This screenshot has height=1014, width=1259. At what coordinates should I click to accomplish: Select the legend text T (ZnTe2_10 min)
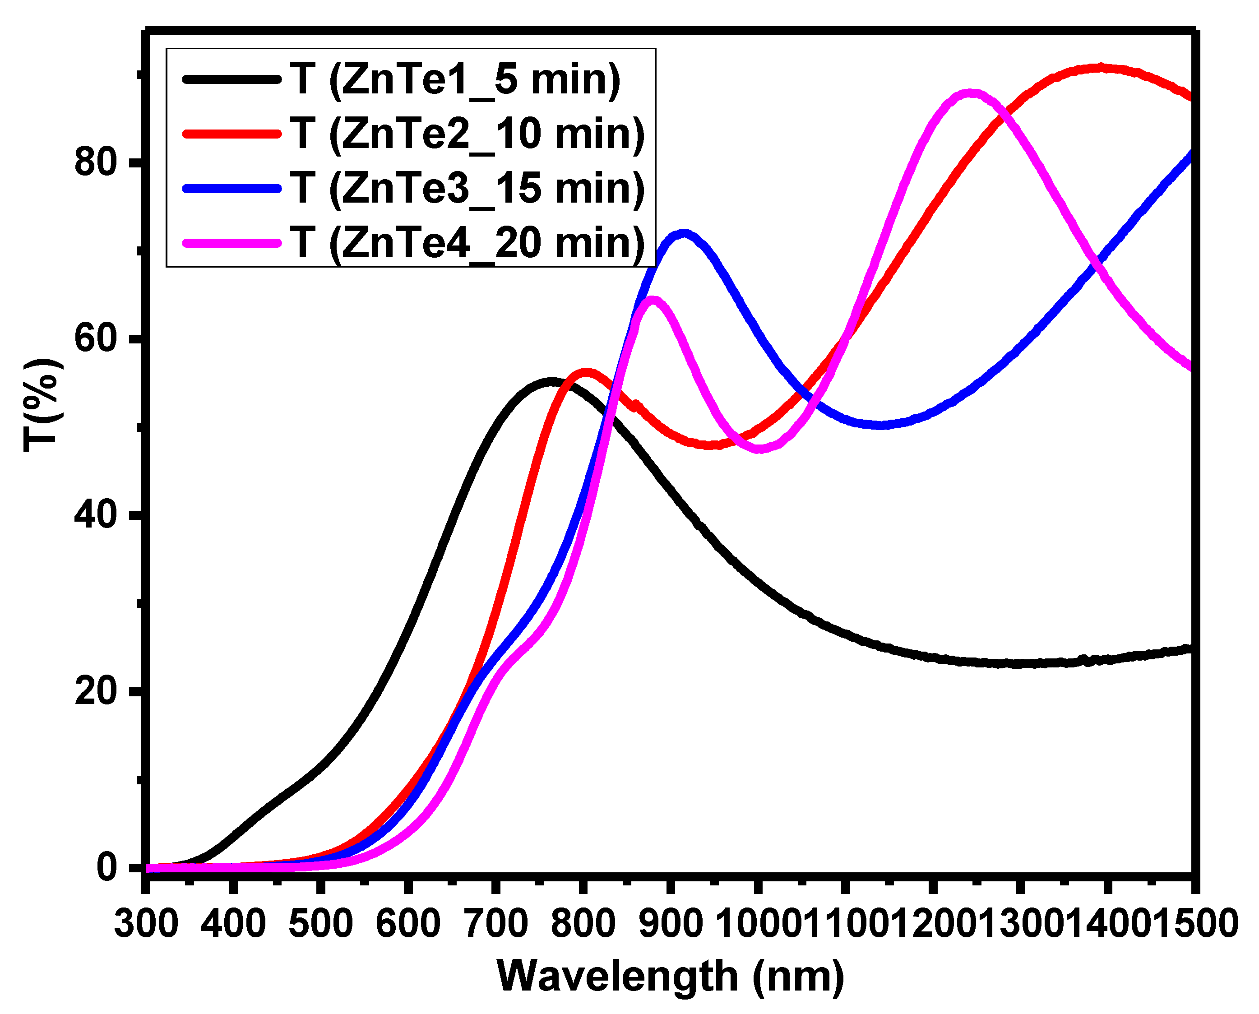click(467, 134)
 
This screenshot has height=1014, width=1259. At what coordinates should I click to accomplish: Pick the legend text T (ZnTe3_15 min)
click(467, 189)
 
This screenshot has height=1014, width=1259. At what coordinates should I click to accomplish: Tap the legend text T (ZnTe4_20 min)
click(467, 243)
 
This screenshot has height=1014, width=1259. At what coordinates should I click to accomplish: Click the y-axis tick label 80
click(96, 162)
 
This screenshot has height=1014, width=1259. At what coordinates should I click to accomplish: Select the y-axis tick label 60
click(96, 338)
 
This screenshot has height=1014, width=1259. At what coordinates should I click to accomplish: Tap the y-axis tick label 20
click(96, 691)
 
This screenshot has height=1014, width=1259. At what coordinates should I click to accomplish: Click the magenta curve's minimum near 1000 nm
click(758, 448)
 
